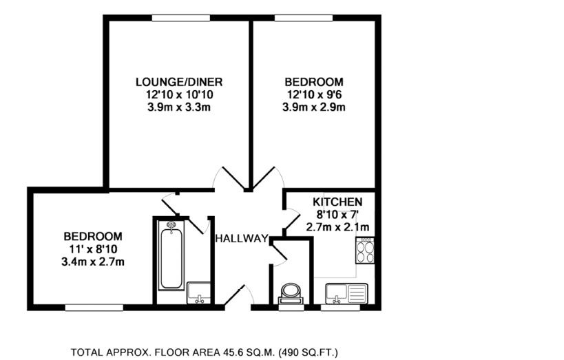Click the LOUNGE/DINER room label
click(x=178, y=82)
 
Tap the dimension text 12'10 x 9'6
click(x=313, y=94)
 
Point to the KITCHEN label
click(x=337, y=202)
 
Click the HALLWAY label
click(x=241, y=239)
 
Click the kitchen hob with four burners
click(x=365, y=251)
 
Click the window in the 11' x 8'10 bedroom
click(x=94, y=307)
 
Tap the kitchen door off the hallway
click(x=291, y=220)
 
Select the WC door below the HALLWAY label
click(x=280, y=255)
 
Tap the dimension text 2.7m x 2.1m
click(x=337, y=227)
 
